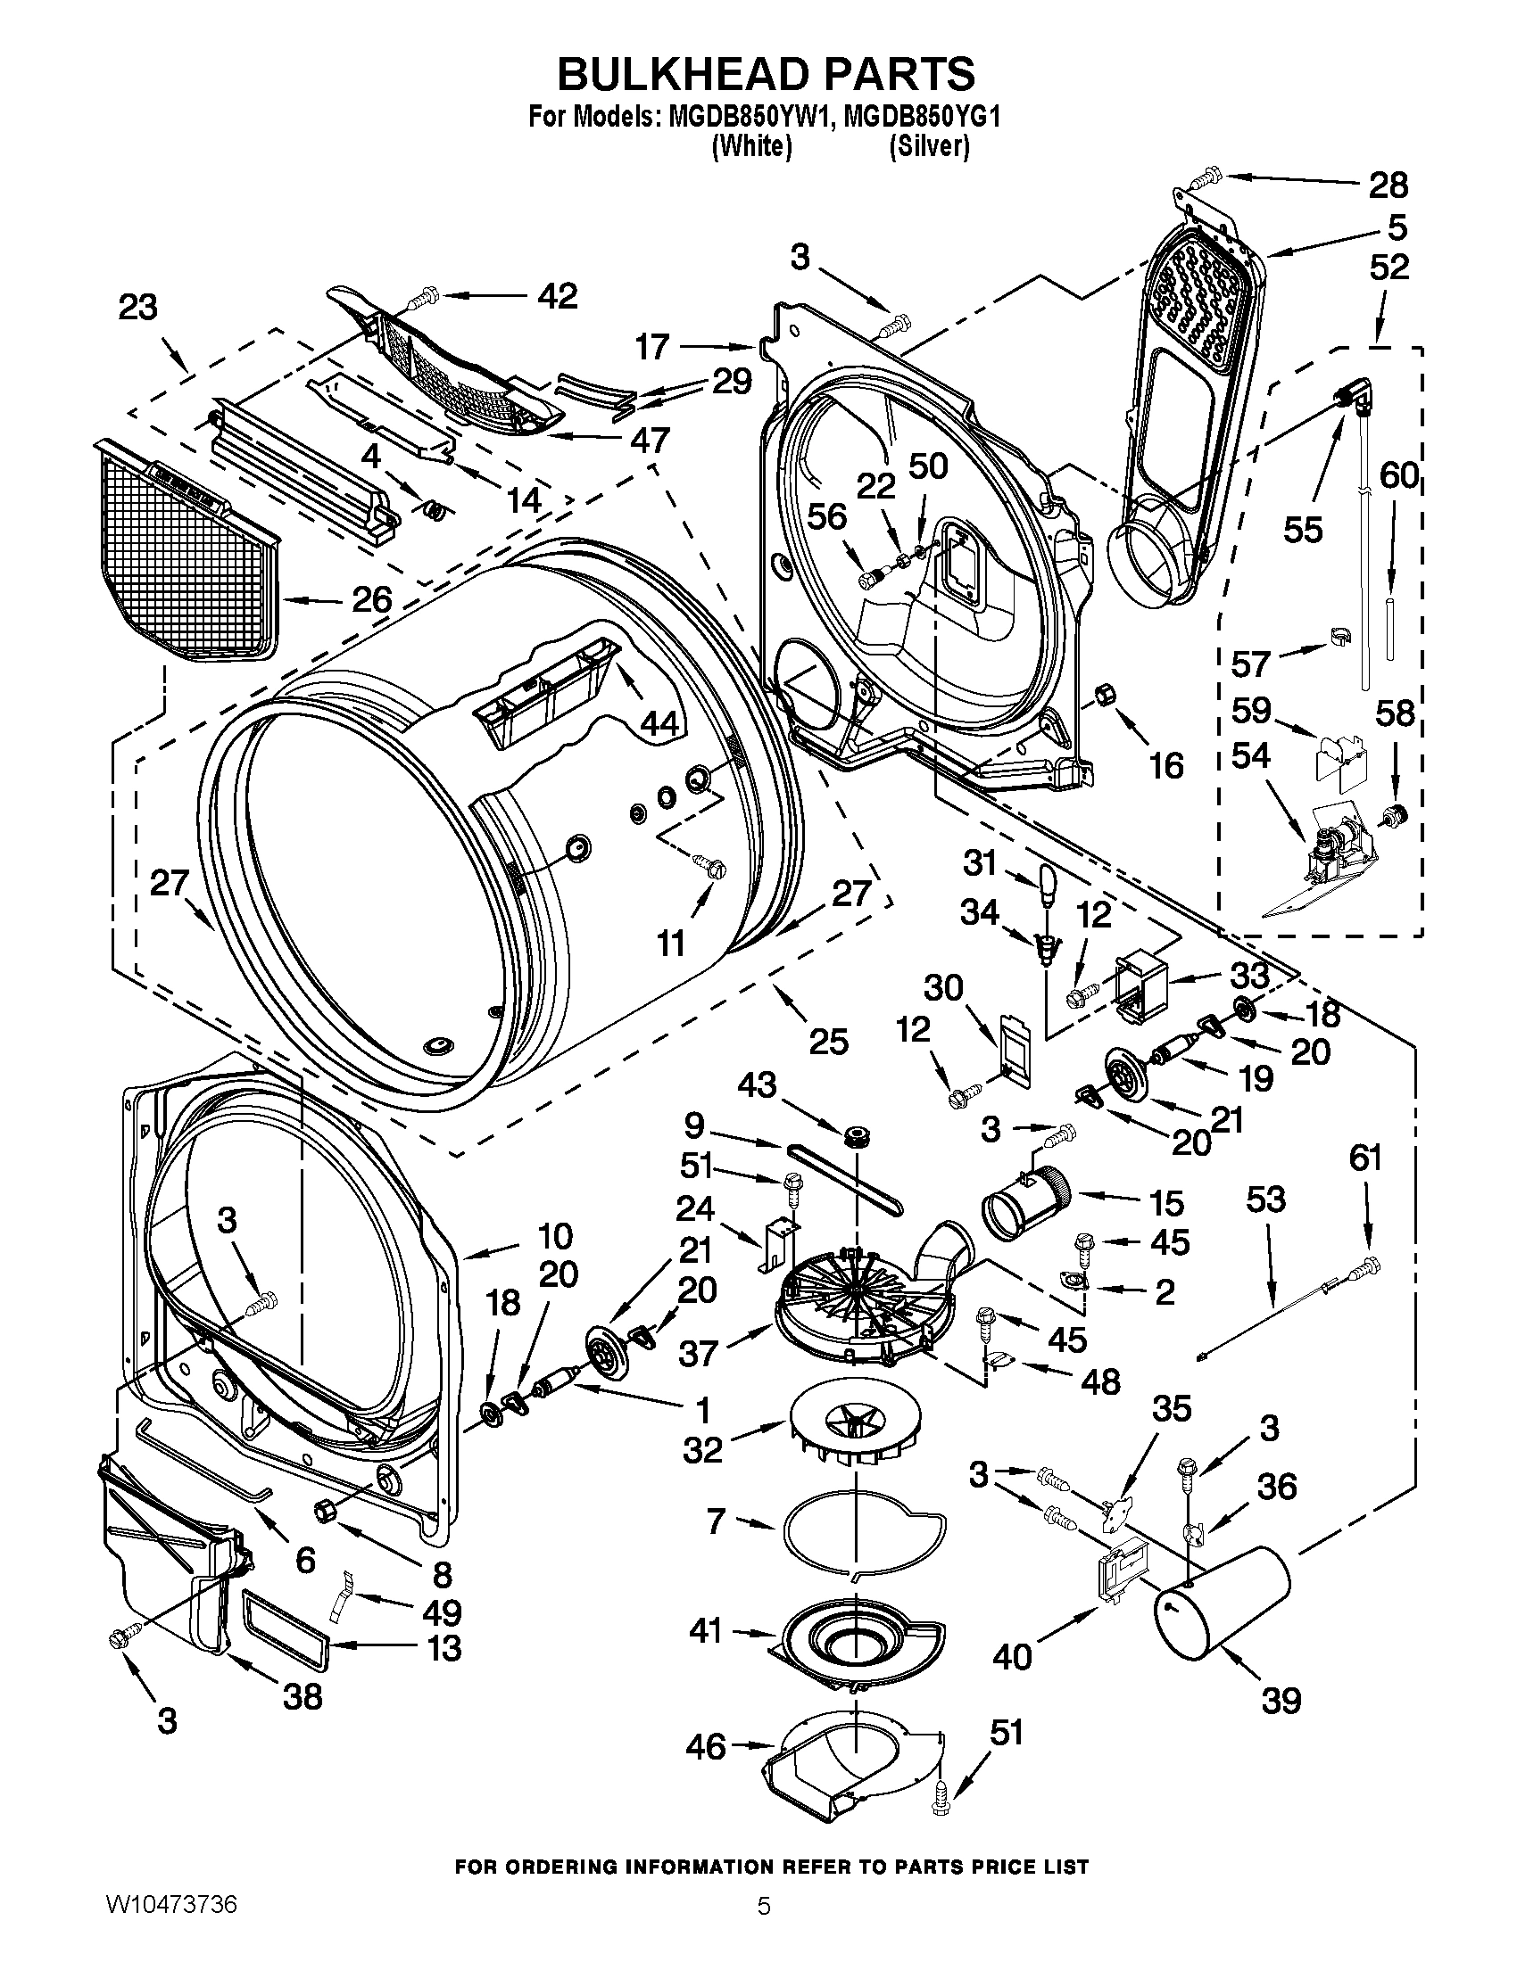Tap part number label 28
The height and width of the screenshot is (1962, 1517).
1388,185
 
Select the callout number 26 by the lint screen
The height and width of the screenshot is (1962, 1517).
371,598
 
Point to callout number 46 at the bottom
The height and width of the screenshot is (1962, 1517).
706,1745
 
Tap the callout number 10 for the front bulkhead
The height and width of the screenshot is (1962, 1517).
555,1236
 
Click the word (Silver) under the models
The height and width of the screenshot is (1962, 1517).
928,147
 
